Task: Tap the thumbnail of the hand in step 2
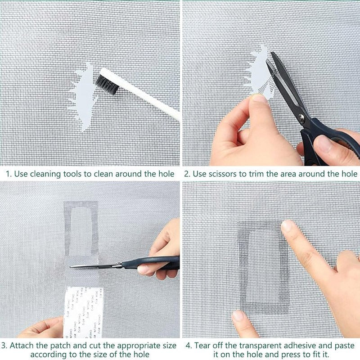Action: pos(258,98)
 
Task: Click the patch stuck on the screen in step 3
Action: pos(81,229)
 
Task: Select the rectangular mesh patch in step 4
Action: pos(263,265)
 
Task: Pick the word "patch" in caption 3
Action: pos(59,346)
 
